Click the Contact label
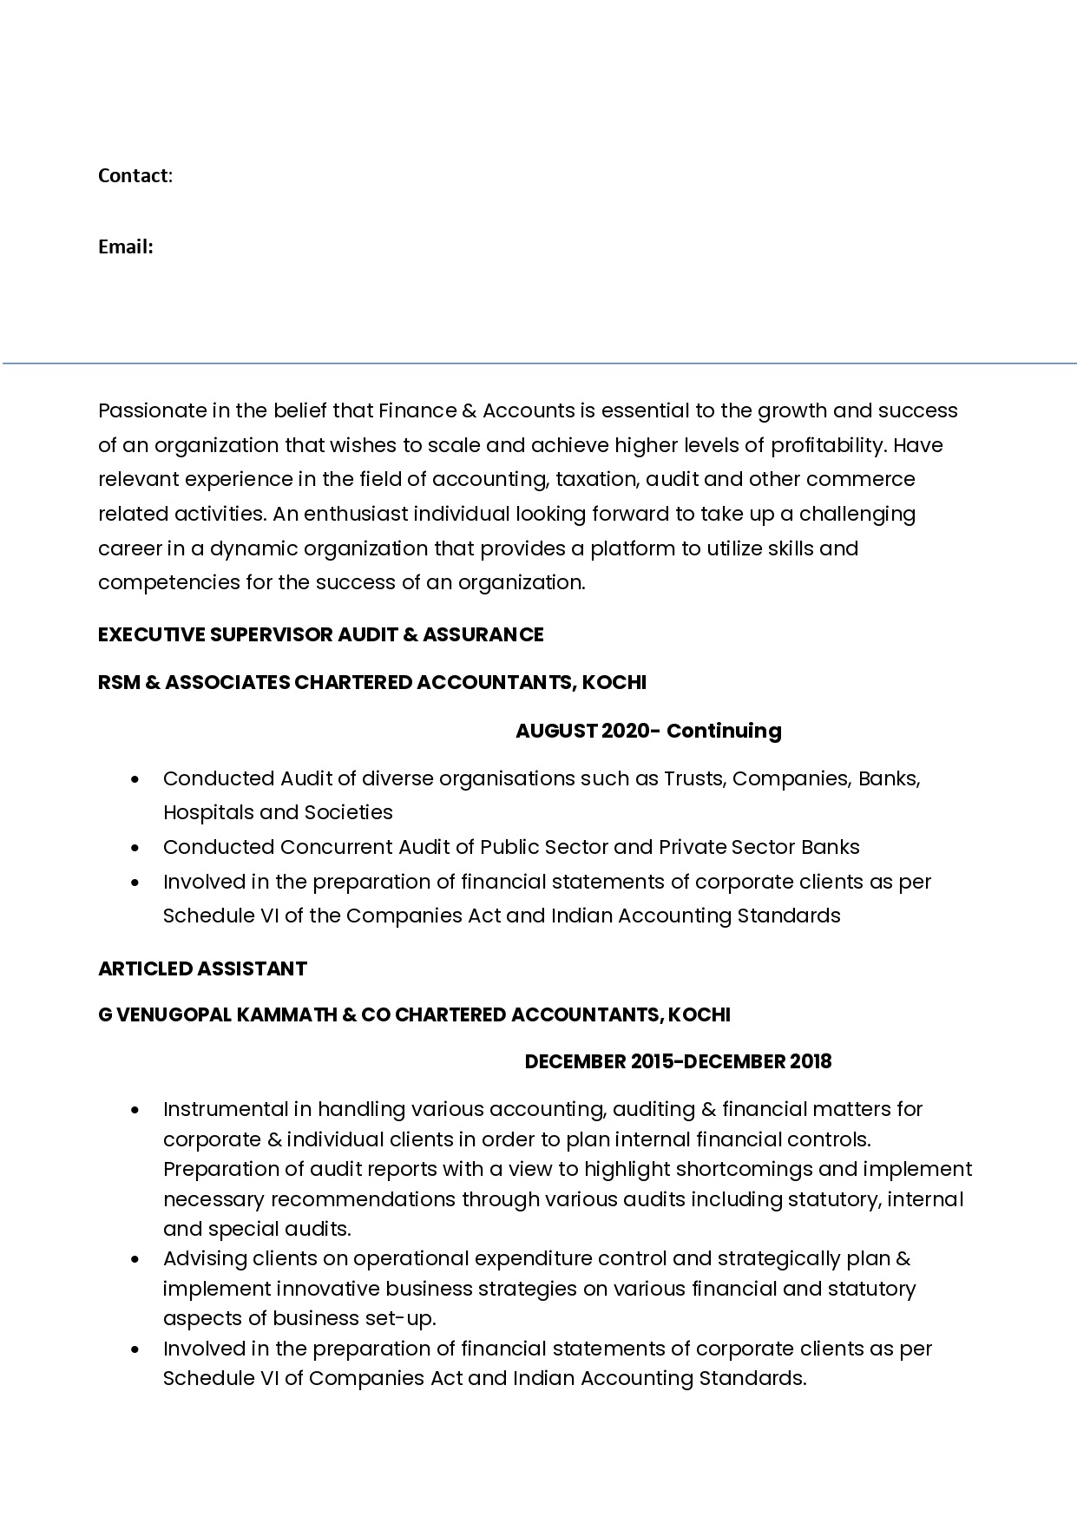[x=133, y=176]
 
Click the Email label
[x=125, y=247]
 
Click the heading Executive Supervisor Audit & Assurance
[x=320, y=634]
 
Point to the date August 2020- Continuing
[x=647, y=731]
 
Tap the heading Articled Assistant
[x=202, y=968]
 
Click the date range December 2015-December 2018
[x=678, y=1061]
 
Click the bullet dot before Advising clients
[x=135, y=1259]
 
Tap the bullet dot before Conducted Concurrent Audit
[x=135, y=848]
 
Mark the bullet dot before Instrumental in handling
[x=135, y=1110]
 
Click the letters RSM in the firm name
[x=117, y=682]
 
